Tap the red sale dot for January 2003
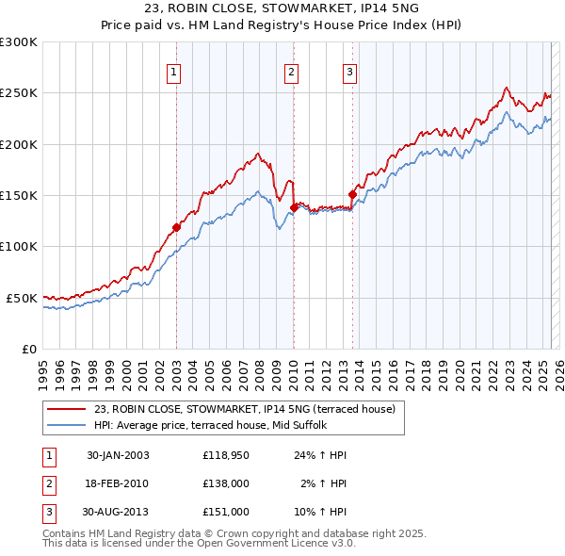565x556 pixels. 176,227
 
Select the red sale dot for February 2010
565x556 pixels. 294,207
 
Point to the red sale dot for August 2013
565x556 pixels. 352,194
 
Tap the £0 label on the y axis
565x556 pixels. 27,349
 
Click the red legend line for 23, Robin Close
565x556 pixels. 67,409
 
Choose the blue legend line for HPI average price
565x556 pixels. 67,425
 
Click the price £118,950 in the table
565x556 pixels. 225,455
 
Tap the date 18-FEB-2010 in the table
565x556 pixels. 118,483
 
